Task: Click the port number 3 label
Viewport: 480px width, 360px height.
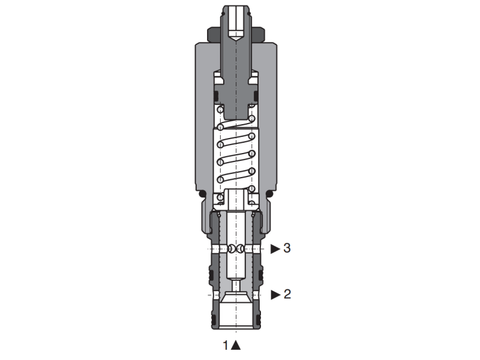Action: click(287, 248)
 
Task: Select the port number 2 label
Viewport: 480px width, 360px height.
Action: click(287, 294)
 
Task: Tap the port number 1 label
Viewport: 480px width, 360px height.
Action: click(226, 345)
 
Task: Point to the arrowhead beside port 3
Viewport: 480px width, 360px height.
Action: click(275, 248)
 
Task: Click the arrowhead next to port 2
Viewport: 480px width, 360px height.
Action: click(275, 294)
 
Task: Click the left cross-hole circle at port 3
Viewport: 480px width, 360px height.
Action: click(230, 249)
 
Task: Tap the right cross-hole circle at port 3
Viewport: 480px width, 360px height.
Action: click(240, 249)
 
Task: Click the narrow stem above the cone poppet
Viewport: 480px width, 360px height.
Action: click(236, 284)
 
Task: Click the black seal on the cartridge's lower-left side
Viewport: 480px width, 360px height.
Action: click(211, 276)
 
